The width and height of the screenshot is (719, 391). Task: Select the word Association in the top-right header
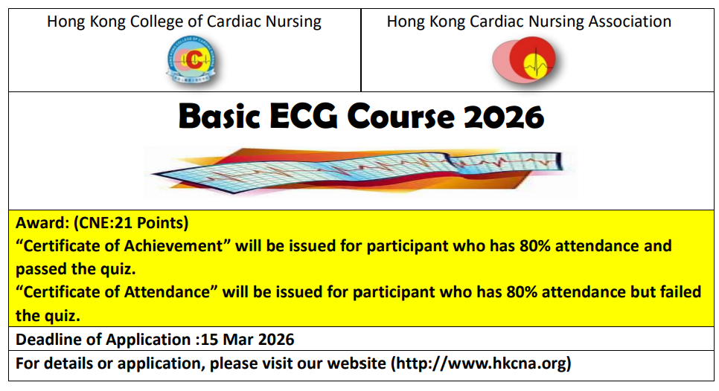(x=630, y=22)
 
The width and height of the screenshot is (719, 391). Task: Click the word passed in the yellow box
(x=39, y=268)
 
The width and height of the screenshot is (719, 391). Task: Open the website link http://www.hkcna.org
(x=481, y=363)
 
